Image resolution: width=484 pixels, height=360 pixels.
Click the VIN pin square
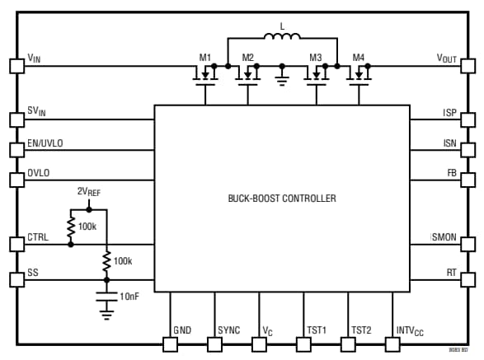click(16, 66)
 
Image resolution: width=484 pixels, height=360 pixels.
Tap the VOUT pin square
click(468, 66)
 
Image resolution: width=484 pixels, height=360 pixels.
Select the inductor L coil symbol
click(282, 37)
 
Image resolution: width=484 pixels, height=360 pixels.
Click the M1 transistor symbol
click(204, 75)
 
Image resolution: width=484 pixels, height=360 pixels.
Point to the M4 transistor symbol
click(359, 75)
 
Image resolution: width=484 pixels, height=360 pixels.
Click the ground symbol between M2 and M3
click(282, 78)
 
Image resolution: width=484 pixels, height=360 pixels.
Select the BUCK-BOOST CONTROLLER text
click(282, 199)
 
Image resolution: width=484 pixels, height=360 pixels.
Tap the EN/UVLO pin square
click(16, 150)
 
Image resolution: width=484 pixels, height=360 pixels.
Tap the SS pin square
click(16, 279)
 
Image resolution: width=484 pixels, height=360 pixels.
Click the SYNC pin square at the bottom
click(215, 344)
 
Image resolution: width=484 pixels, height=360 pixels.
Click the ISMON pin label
click(443, 237)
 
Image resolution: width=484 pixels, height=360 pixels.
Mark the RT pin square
click(468, 279)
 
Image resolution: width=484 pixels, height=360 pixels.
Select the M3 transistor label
click(315, 58)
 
